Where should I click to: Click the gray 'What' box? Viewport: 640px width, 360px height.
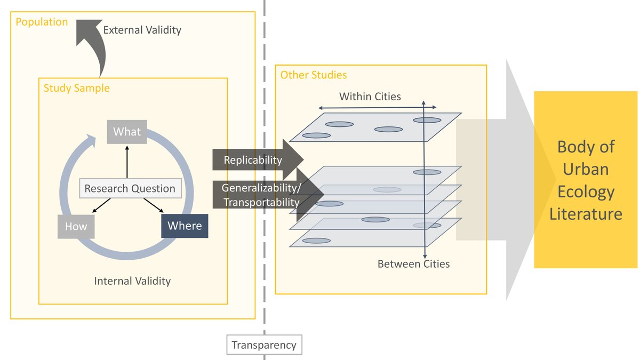tap(127, 132)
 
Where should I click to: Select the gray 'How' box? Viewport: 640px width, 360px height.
tap(76, 227)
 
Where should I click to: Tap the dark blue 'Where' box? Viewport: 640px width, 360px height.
tap(185, 226)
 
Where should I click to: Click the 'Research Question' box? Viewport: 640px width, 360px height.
tap(130, 189)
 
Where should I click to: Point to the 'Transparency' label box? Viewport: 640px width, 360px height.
tap(264, 345)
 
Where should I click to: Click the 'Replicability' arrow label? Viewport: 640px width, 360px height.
tap(253, 160)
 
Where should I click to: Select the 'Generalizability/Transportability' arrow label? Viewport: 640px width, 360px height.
tap(260, 195)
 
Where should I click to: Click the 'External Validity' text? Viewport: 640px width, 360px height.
tap(142, 30)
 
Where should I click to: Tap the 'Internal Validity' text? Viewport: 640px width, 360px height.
tap(132, 281)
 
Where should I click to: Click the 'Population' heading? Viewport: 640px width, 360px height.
tap(42, 22)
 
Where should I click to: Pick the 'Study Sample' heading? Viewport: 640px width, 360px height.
tap(76, 88)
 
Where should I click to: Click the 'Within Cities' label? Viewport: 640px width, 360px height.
tap(370, 97)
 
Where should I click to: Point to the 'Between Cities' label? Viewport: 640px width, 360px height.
tap(413, 264)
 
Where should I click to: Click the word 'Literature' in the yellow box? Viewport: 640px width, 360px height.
tap(586, 214)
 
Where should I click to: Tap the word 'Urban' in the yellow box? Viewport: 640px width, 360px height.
tap(586, 169)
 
